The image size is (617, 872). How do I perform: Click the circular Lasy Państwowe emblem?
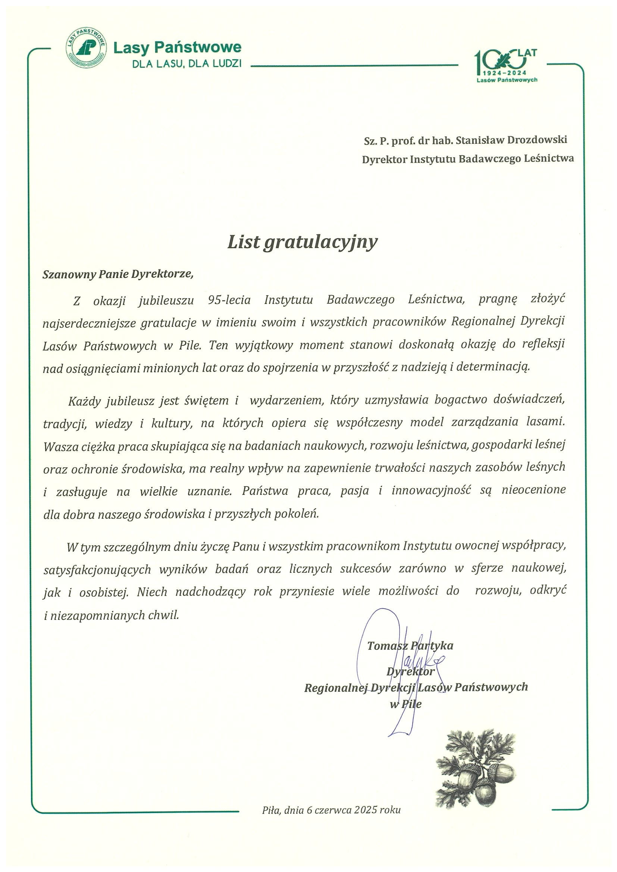click(86, 47)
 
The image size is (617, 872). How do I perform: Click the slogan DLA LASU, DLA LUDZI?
click(187, 63)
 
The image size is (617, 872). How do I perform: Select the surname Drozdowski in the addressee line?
click(537, 140)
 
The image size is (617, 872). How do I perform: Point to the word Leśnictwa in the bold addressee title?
click(549, 158)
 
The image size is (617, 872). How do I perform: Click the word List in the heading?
click(244, 241)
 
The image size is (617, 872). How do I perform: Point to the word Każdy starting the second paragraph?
click(84, 401)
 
